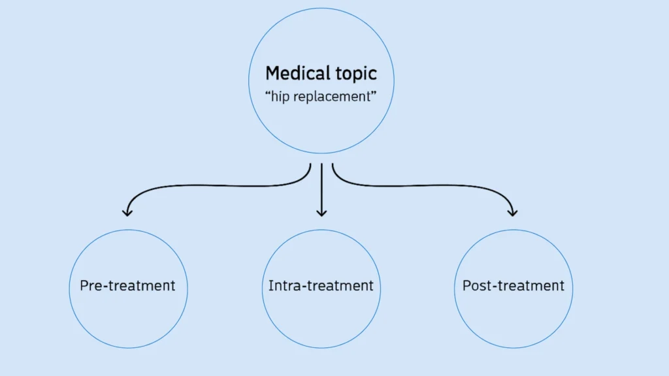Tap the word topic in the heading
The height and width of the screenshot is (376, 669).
point(353,74)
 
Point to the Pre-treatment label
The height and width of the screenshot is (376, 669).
point(127,286)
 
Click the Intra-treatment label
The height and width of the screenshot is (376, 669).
point(321,286)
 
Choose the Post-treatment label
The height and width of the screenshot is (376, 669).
point(513,286)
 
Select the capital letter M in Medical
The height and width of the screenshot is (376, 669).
point(272,73)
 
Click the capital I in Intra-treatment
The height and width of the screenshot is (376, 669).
point(270,286)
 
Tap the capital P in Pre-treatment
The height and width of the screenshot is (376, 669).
point(84,286)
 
